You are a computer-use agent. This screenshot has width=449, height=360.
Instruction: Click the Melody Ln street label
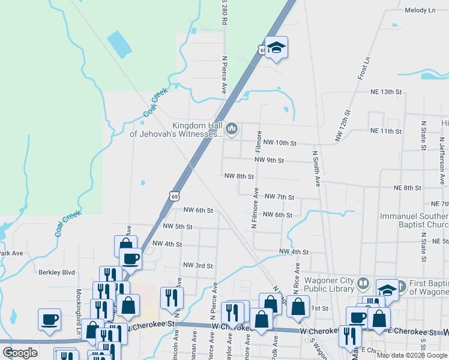[x=420, y=10]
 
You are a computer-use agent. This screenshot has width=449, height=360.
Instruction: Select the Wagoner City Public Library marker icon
[x=363, y=283]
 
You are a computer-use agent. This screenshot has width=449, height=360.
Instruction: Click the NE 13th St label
[x=385, y=92]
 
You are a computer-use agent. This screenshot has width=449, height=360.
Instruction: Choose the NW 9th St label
[x=268, y=160]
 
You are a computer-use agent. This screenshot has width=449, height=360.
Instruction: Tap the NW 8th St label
[x=239, y=176]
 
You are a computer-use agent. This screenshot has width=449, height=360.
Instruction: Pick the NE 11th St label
[x=385, y=131]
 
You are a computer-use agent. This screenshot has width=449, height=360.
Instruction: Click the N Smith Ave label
[x=315, y=169]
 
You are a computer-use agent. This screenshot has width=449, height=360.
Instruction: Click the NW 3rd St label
[x=197, y=265]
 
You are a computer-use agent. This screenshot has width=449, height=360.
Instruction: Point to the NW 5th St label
[x=177, y=227]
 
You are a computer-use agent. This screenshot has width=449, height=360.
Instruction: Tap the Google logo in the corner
[x=20, y=353]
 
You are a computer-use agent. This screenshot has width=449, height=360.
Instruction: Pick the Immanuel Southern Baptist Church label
[x=414, y=221]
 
